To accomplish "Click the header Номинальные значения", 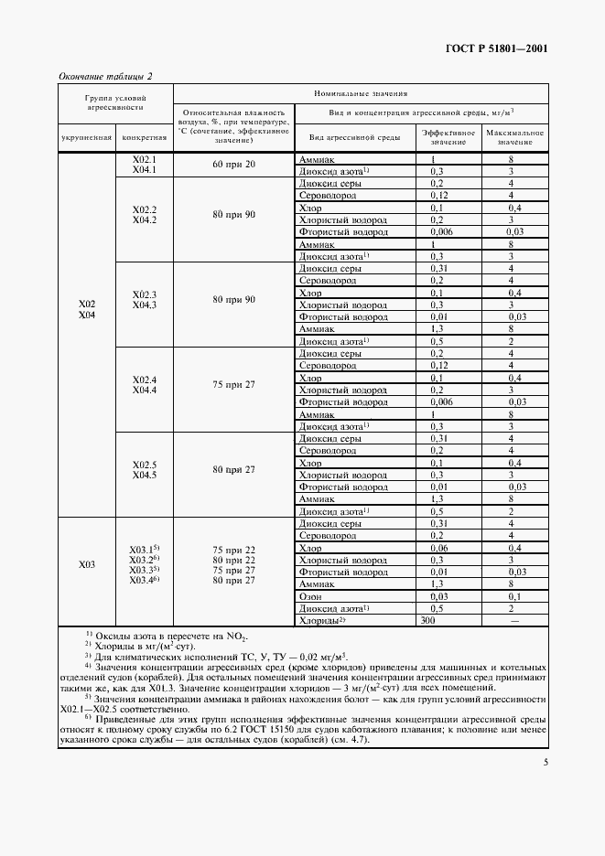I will coord(361,93).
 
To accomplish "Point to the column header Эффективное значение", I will coord(448,137).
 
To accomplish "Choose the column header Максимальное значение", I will coord(515,137).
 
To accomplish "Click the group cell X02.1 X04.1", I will coord(145,165).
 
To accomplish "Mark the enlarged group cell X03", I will coord(87,565).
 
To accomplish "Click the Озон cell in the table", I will coord(310,595).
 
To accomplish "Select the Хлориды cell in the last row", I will coord(321,619).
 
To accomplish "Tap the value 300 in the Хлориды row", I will coord(427,619).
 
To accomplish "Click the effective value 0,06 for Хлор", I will coord(437,548).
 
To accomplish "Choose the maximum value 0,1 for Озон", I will coord(515,595).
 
